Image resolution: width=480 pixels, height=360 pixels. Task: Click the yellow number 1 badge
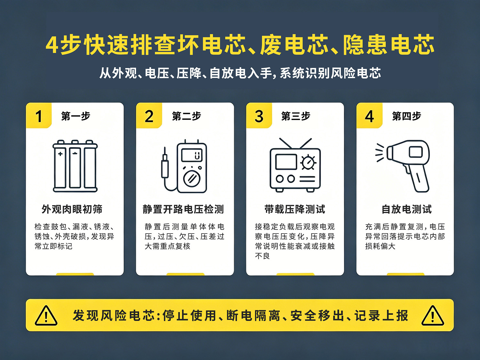(x=39, y=116)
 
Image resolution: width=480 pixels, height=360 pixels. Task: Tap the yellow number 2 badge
(x=149, y=116)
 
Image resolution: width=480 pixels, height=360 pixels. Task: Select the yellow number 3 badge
(x=259, y=116)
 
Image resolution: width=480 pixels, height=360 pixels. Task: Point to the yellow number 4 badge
(x=369, y=116)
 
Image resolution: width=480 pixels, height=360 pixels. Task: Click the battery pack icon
(x=75, y=166)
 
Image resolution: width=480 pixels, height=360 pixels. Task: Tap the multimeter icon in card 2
(x=184, y=166)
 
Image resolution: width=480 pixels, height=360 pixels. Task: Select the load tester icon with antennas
(x=295, y=165)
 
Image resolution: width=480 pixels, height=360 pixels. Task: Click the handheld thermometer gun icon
(x=402, y=166)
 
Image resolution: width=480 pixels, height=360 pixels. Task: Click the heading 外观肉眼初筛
(x=72, y=209)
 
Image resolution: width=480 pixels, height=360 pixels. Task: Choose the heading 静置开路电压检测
(x=183, y=209)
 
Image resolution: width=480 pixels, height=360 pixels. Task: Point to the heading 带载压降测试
(x=295, y=209)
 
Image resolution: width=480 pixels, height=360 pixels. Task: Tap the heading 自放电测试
(x=406, y=209)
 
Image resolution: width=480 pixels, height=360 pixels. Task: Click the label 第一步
(x=76, y=116)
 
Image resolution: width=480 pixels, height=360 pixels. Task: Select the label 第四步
(x=406, y=116)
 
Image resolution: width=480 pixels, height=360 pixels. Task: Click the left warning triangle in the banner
(x=46, y=316)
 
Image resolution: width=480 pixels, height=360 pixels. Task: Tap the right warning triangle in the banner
(x=433, y=316)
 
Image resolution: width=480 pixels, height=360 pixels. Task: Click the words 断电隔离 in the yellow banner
(x=253, y=316)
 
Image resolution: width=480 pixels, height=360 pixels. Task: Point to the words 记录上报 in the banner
(x=381, y=316)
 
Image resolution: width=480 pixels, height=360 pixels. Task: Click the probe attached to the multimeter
(x=165, y=163)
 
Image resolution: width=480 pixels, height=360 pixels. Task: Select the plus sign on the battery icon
(x=60, y=154)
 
